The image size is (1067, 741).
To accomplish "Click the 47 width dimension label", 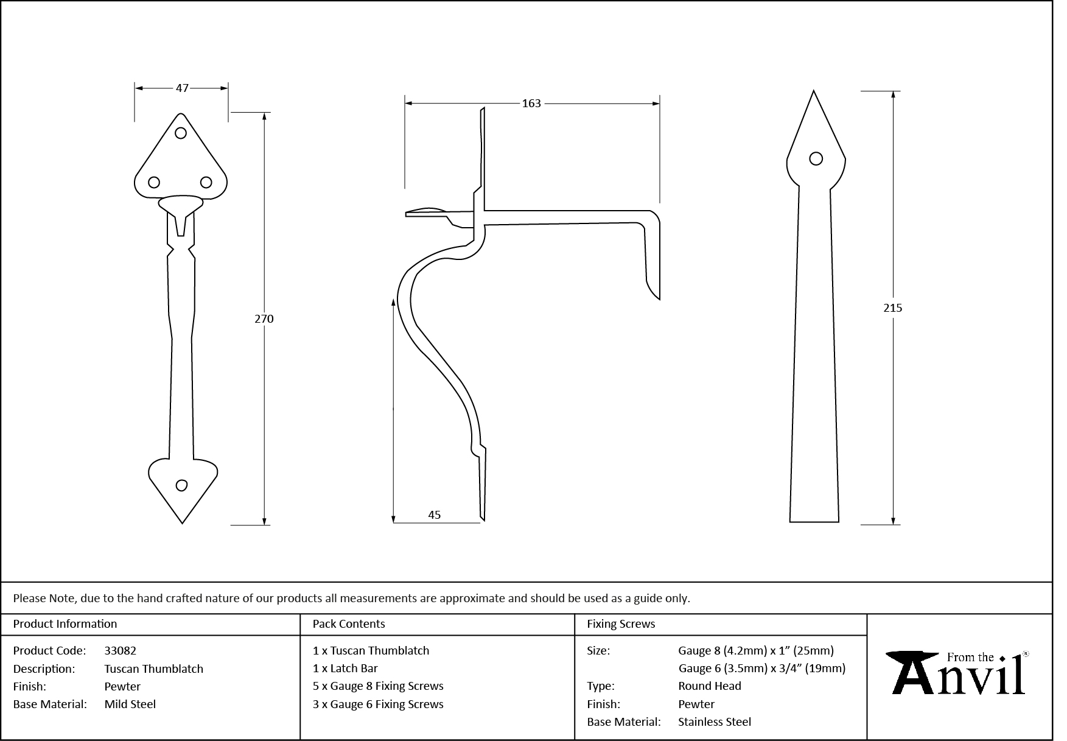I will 182,88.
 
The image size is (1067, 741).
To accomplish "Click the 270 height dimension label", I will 264,318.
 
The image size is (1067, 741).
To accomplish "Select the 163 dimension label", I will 531,104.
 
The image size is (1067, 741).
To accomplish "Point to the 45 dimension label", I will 434,515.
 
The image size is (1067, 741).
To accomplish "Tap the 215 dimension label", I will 892,308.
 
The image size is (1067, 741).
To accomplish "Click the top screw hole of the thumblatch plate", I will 180,133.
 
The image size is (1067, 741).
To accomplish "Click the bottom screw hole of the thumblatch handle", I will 181,485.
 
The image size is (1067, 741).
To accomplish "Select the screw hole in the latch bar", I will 816,159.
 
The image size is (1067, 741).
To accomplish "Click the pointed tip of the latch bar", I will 814,93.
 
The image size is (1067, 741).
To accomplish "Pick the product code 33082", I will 121,651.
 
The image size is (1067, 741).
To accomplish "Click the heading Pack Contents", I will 349,624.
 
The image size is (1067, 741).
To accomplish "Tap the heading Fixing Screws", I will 621,624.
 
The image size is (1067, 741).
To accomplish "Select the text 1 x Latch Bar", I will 345,669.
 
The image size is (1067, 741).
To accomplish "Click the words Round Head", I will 710,686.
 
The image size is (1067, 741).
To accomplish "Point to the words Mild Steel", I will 130,704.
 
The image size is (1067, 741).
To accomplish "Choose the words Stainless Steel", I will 715,722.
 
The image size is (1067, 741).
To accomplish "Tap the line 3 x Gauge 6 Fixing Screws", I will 378,704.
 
